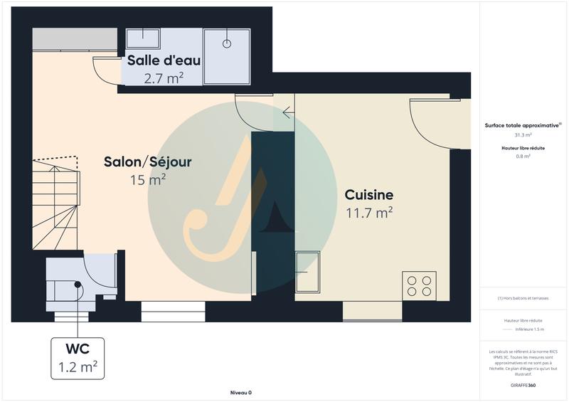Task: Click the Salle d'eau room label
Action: pos(164,60)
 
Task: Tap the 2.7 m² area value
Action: pos(164,78)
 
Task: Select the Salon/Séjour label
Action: pos(147,162)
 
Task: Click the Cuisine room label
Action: pos(369,194)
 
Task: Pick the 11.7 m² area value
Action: pos(369,212)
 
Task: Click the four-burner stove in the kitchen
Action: pos(419,285)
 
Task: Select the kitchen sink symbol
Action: pos(308,273)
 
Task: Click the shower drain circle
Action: pos(228,43)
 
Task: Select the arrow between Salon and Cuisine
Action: pos(287,112)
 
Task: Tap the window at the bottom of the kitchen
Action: pos(373,311)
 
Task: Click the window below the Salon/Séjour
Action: pos(174,311)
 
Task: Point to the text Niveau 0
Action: pos(241,393)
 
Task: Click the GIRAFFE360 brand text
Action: pos(524,384)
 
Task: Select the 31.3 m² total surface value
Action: pos(523,134)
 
